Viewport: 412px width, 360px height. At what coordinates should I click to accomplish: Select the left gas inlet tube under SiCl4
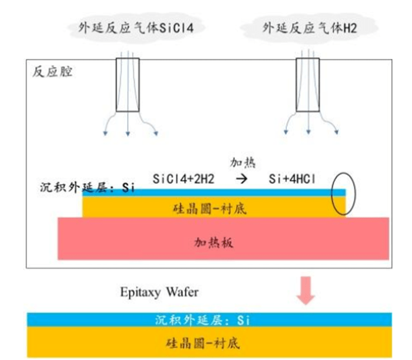(128, 84)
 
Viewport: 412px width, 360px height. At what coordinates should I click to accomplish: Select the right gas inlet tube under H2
(307, 84)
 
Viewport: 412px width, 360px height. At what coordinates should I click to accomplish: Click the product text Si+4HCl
(292, 179)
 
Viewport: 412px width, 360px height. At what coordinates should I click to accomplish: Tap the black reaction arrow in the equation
(241, 179)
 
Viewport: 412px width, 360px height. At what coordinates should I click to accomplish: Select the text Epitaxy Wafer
(159, 292)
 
